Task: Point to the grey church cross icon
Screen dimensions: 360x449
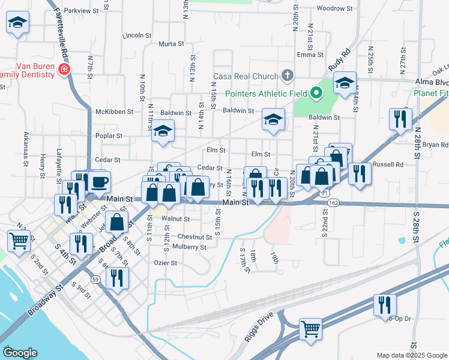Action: [x=288, y=76]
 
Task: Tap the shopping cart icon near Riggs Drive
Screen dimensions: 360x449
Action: [x=310, y=328]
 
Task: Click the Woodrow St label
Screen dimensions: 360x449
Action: [x=334, y=8]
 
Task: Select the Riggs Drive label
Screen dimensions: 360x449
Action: [x=258, y=326]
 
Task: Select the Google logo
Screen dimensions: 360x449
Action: [x=20, y=353]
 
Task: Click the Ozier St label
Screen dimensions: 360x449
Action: [x=165, y=263]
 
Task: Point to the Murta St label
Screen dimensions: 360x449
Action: [x=171, y=44]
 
